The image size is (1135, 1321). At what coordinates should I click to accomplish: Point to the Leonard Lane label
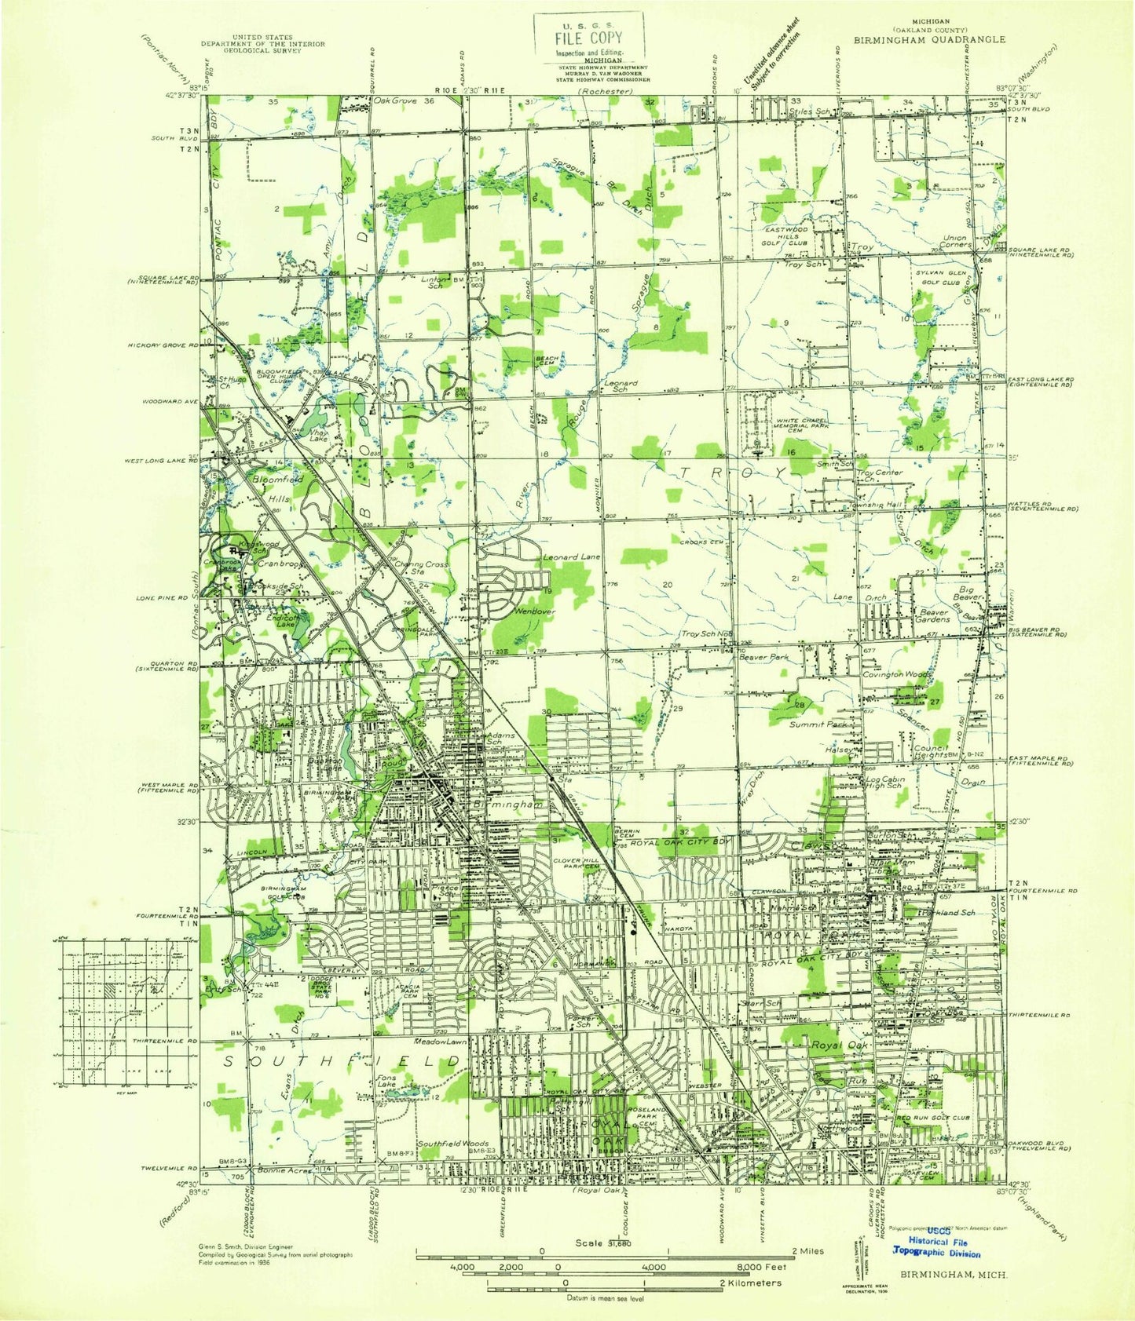[x=571, y=556]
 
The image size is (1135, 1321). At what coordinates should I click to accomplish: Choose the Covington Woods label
[x=896, y=674]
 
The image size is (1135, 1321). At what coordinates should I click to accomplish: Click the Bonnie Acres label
[x=287, y=1170]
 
